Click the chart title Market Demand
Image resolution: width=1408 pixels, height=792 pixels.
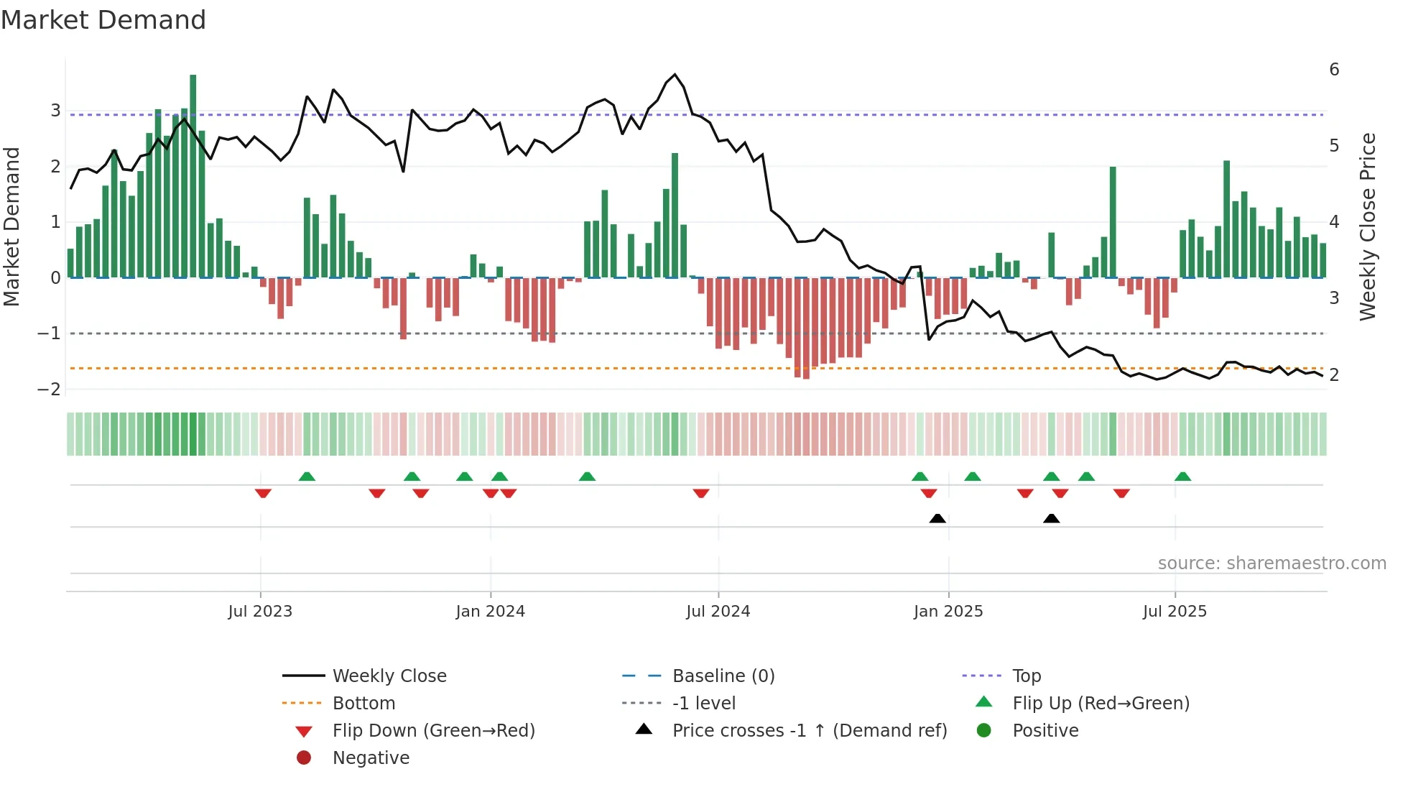coord(103,20)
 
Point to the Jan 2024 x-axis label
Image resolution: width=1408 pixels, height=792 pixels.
coord(490,612)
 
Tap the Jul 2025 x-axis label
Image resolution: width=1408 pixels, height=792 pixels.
coord(1175,612)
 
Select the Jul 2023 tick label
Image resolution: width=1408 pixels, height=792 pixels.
coord(260,612)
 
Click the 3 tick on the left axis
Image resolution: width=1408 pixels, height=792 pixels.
coord(55,111)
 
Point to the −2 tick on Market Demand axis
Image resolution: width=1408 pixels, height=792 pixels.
coord(50,390)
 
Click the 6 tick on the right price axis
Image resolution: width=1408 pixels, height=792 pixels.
coord(1334,70)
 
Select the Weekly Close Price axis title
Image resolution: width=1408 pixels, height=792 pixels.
coord(1368,226)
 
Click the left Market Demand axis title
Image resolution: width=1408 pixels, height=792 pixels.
coord(12,226)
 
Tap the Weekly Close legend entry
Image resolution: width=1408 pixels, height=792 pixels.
coord(389,676)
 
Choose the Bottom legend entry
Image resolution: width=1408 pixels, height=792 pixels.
coord(363,704)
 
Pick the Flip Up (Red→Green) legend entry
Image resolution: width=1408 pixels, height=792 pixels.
coord(1101,704)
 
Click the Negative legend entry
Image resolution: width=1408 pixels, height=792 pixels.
coord(371,758)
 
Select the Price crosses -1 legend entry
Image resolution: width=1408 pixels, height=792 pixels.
coord(809,731)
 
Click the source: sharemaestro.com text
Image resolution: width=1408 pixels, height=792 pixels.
coord(1272,563)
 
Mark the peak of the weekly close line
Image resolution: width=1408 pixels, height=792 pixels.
coord(675,75)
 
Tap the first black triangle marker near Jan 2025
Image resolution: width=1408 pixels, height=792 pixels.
coord(937,518)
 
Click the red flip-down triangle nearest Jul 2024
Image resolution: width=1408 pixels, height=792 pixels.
coord(701,493)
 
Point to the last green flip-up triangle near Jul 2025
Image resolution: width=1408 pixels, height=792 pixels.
coord(1182,476)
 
